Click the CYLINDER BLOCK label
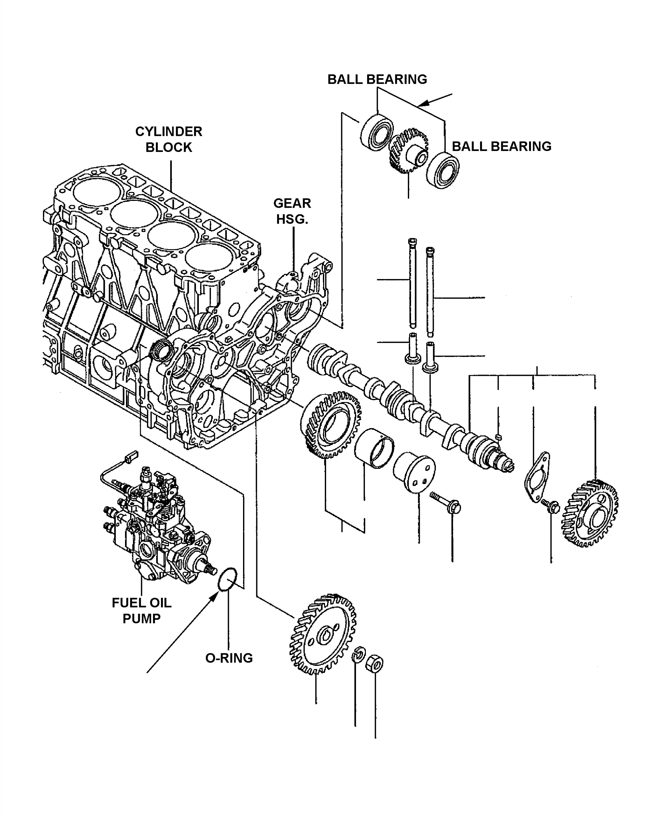tap(169, 139)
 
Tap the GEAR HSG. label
tap(292, 211)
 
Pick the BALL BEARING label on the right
tap(501, 146)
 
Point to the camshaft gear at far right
tap(590, 513)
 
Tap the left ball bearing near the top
tap(376, 132)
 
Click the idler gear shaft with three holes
tap(415, 472)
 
